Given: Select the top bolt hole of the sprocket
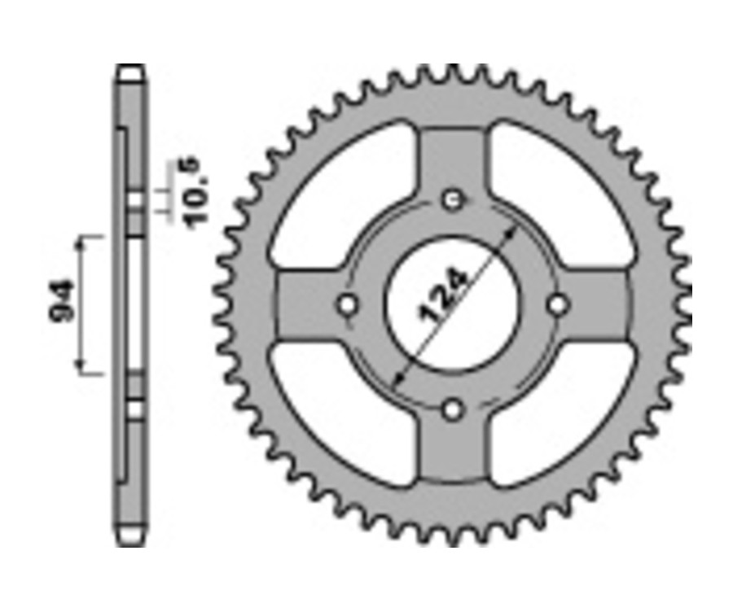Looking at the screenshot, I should tap(453, 199).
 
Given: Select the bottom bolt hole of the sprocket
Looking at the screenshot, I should tap(453, 410).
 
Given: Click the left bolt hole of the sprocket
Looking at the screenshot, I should tap(347, 305).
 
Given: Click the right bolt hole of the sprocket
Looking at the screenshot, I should tap(558, 305).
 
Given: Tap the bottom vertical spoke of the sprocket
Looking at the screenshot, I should tap(453, 452).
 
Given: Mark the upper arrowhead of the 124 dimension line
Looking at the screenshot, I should tap(513, 230).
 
